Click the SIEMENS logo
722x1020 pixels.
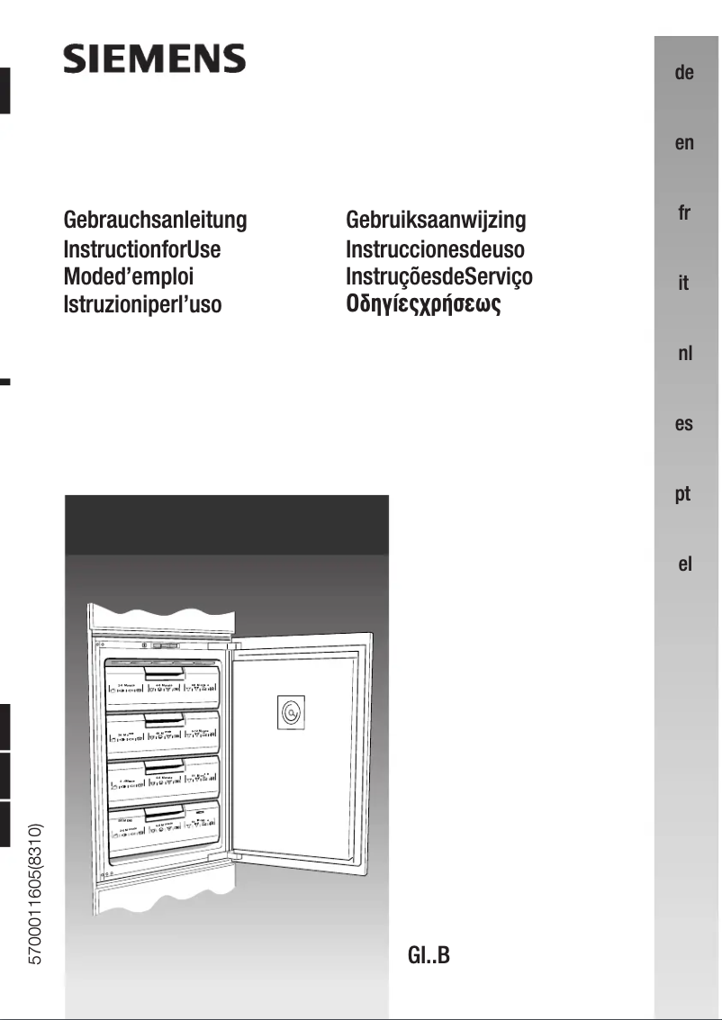(x=154, y=59)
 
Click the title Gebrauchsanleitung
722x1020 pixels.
(x=155, y=220)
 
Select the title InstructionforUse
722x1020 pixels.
(x=142, y=248)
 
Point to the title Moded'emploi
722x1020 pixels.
(x=129, y=276)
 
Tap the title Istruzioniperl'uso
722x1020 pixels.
(x=142, y=304)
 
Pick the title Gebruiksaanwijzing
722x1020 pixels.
(x=436, y=220)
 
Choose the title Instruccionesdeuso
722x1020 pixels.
(x=435, y=248)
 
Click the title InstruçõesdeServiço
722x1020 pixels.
(x=439, y=276)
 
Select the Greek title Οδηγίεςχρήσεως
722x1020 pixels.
(x=423, y=305)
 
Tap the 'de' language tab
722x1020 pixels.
(x=684, y=73)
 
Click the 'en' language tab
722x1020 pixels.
(x=684, y=143)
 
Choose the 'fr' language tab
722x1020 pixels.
(x=684, y=213)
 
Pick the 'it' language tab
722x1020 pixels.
(x=684, y=284)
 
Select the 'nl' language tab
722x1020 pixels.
(x=684, y=354)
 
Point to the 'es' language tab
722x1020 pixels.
(x=684, y=424)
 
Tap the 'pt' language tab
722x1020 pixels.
(x=684, y=494)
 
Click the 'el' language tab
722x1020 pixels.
(x=684, y=565)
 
